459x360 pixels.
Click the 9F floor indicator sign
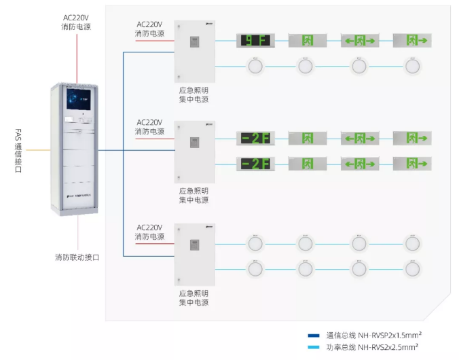tap(255, 41)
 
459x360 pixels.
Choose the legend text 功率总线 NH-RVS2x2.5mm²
tap(372, 346)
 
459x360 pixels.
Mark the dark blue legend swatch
tap(312, 335)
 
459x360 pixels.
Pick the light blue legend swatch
tap(312, 346)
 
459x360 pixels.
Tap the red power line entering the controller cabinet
tap(77, 58)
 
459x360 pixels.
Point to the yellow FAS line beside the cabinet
tap(38, 150)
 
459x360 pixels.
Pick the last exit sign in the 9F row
tap(413, 41)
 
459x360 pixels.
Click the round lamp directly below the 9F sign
tap(255, 67)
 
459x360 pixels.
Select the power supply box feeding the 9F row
tap(194, 52)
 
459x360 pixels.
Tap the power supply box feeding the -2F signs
tap(194, 152)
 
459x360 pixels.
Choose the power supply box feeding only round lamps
tap(194, 255)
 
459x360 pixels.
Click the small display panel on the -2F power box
tap(194, 143)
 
